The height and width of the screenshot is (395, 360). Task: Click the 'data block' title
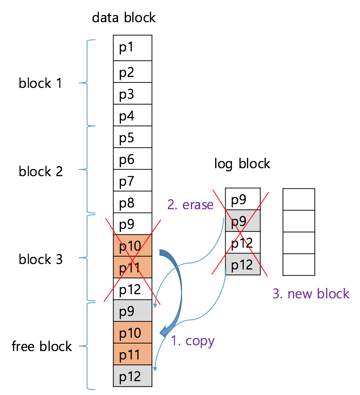123,18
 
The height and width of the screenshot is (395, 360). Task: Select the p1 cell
132,48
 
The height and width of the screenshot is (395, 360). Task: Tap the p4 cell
132,115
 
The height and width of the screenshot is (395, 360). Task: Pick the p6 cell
132,159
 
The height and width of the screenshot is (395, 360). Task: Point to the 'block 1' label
40,83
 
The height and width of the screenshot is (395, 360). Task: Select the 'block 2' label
41,171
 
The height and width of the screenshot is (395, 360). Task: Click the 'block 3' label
41,259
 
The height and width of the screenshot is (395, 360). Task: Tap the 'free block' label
42,346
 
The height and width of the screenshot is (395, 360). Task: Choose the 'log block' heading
242,163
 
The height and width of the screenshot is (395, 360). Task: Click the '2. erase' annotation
190,205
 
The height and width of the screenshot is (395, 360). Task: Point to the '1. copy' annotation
193,341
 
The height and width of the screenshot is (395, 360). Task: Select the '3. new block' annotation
311,293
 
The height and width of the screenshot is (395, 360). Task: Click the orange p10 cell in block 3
132,246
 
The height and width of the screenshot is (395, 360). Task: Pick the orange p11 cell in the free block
132,355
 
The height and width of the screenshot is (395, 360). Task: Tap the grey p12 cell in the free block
132,376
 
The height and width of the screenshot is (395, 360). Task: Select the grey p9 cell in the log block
243,221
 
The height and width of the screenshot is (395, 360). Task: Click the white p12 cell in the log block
243,242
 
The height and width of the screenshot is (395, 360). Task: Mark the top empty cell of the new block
298,199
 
